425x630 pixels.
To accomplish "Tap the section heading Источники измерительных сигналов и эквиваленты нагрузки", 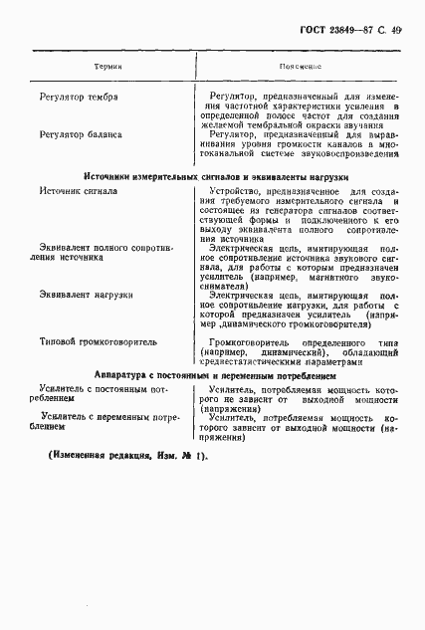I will (x=212, y=175).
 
